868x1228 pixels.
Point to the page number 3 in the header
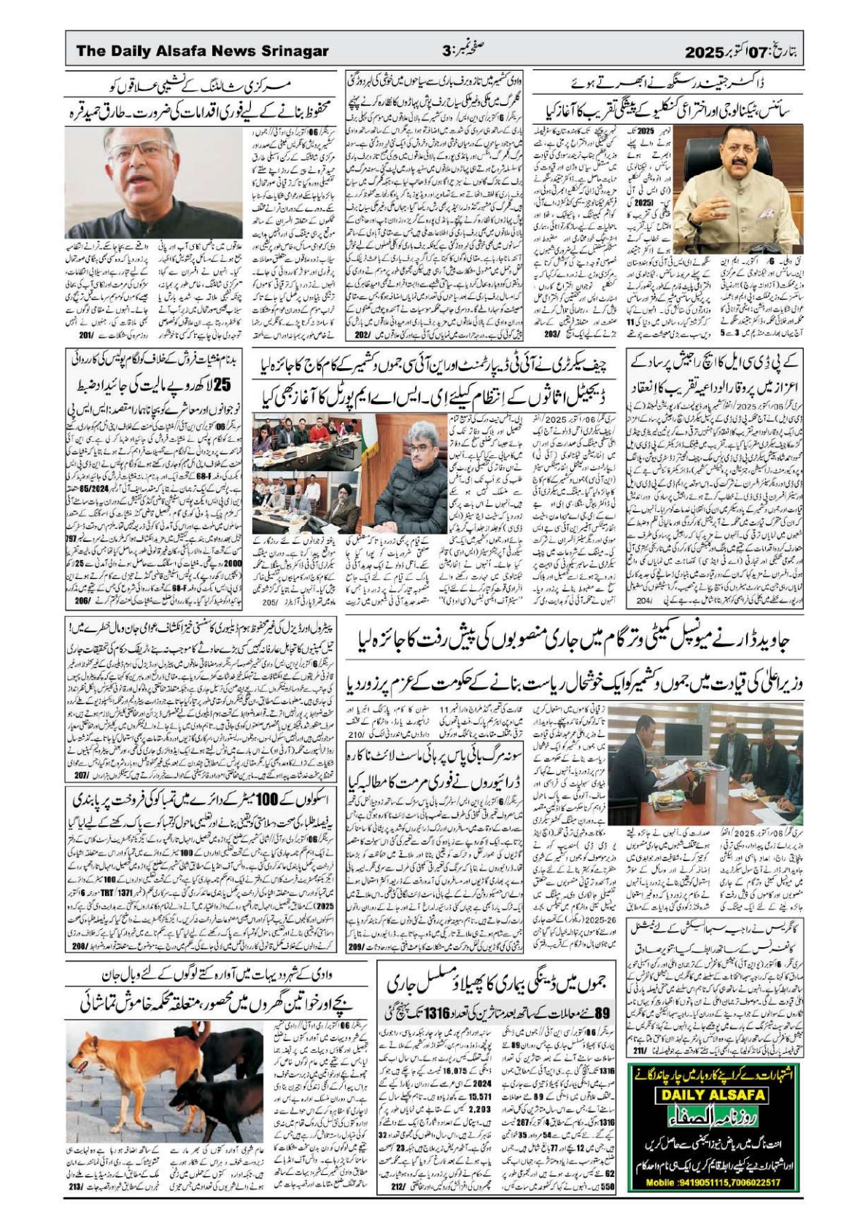[446, 51]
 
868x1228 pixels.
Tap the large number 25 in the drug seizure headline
[224, 384]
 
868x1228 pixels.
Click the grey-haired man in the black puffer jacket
[408, 481]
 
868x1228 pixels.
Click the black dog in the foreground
[204, 1108]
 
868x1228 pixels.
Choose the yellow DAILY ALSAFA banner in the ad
[712, 1095]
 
